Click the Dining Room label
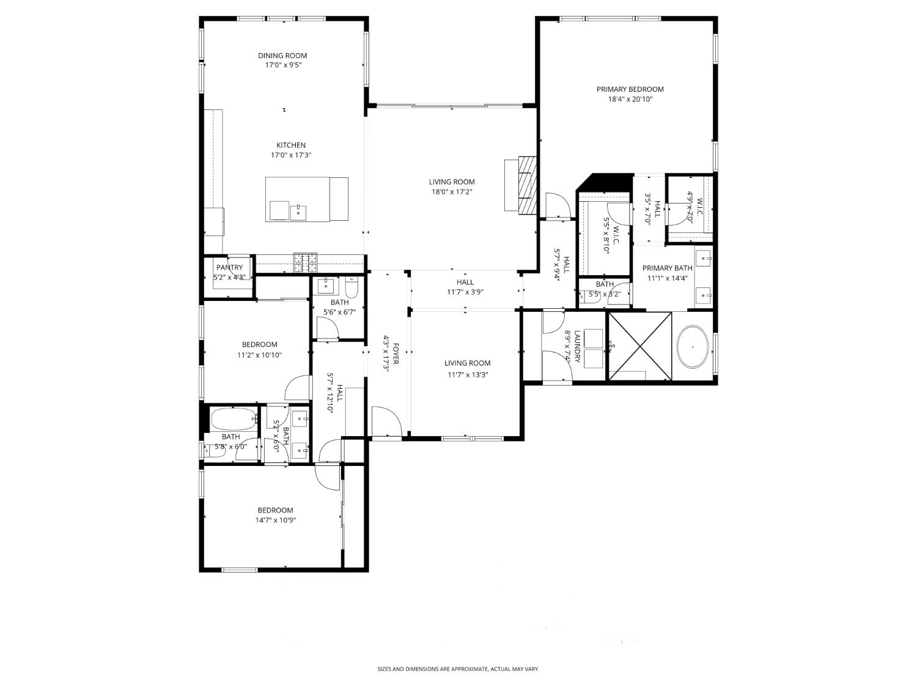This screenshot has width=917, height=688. coord(282,56)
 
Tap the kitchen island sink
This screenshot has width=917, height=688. coord(298,212)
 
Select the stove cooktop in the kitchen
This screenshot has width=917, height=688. coord(306,262)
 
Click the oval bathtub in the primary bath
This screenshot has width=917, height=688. coord(693,347)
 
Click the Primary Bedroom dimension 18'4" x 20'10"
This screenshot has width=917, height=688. coord(630,99)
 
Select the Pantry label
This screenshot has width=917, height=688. coord(229,267)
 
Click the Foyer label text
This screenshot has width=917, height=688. coord(396,353)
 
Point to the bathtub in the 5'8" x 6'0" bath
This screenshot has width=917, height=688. coord(232,420)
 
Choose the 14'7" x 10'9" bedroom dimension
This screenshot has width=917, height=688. coord(275,520)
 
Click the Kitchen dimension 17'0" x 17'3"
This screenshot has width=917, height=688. coord(291,155)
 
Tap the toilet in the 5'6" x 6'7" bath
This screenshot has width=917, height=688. coord(352,287)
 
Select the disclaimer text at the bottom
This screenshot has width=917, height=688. coord(458,670)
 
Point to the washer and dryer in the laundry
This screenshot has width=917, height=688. coord(593,349)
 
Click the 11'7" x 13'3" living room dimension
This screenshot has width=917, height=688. coord(467,375)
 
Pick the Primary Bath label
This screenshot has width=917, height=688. coord(667,268)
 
